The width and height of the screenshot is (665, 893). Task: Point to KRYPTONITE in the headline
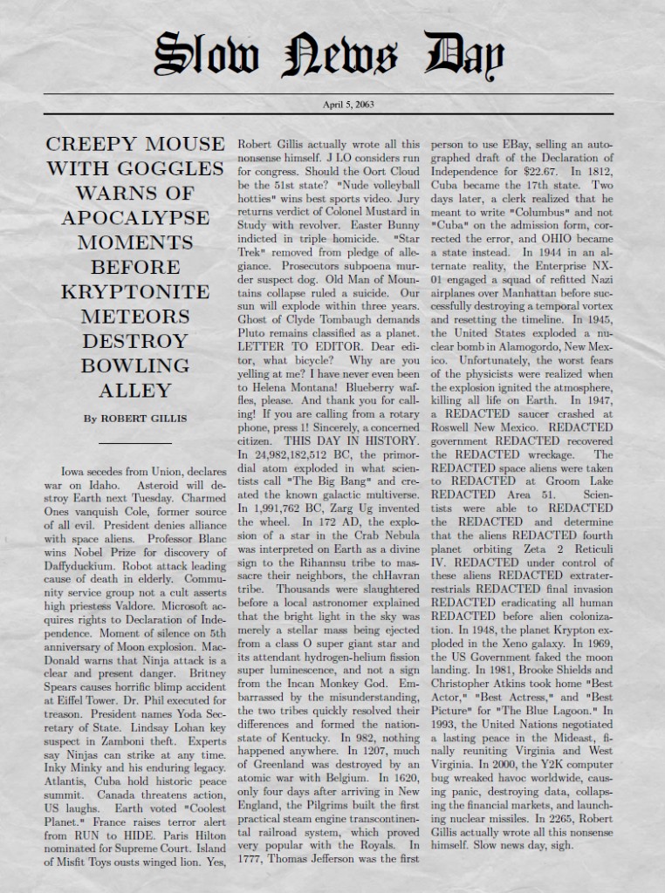(x=134, y=290)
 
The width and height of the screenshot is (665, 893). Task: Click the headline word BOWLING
(x=134, y=365)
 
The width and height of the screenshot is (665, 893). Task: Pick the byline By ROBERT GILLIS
(x=134, y=418)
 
